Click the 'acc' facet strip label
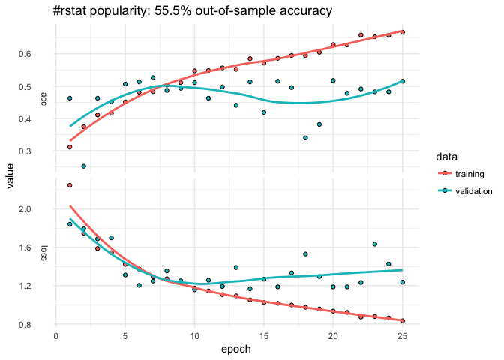point(44,97)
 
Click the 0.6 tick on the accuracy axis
point(32,54)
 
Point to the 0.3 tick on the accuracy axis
point(32,151)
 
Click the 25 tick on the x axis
point(403,336)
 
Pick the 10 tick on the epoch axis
point(194,336)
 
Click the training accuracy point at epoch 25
point(403,32)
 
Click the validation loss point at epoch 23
point(375,244)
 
